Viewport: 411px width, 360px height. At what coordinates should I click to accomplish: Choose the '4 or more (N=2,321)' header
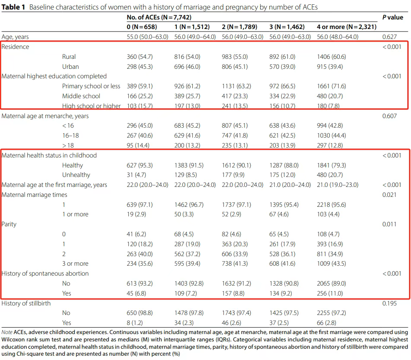pos(347,27)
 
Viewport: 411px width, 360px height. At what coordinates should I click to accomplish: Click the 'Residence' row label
pos(16,47)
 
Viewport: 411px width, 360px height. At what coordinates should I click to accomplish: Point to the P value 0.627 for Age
pos(390,37)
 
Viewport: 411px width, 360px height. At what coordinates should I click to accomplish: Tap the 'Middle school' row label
pos(81,96)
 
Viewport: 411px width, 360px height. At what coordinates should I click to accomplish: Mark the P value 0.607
pos(390,116)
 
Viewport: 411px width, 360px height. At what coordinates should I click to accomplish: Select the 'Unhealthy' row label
pos(76,175)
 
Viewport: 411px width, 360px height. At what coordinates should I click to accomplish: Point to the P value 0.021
pos(390,195)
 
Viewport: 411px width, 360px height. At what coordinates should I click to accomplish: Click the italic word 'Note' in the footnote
pos(7,332)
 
